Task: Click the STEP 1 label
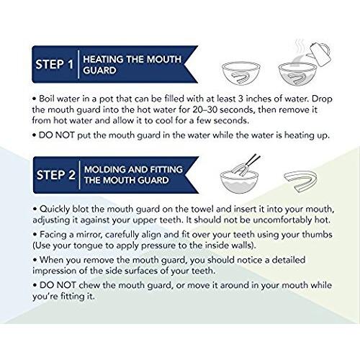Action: pyautogui.click(x=54, y=64)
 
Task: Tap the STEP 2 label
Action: pyautogui.click(x=56, y=175)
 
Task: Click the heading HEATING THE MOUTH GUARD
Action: pyautogui.click(x=132, y=65)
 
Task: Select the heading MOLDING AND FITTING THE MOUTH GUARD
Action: pyautogui.click(x=133, y=175)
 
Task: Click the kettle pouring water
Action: pyautogui.click(x=319, y=54)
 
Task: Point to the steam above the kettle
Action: pyautogui.click(x=300, y=47)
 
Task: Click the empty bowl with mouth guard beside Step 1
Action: pyautogui.click(x=241, y=73)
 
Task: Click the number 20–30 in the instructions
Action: pyautogui.click(x=205, y=109)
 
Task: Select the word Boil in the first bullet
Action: pyautogui.click(x=47, y=99)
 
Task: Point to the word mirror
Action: pyautogui.click(x=88, y=235)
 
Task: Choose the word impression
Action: pyautogui.click(x=54, y=271)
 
